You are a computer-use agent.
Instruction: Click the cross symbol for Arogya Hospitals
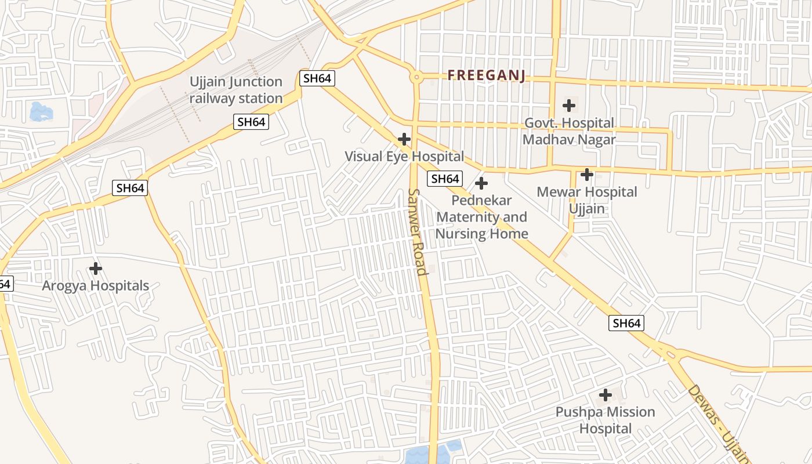pos(96,269)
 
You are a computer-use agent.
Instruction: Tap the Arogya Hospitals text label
pos(96,286)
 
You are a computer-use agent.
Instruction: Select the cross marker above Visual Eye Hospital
pos(404,139)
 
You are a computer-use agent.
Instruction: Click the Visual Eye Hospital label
pos(404,157)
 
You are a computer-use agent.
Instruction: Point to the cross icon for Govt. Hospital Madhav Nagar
pos(569,106)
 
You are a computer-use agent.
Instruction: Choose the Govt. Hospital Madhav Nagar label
pos(569,132)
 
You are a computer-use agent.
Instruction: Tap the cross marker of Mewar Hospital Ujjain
pos(587,174)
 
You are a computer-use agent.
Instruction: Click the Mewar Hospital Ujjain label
pos(587,200)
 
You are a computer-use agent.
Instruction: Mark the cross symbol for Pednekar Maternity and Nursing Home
pos(481,183)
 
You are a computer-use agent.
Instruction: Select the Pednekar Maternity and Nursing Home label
pos(481,217)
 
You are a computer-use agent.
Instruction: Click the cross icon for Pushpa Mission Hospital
pos(606,395)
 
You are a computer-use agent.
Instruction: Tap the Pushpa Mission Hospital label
pos(606,420)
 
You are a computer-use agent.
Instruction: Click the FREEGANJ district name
pos(487,75)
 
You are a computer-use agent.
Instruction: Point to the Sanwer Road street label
pos(418,232)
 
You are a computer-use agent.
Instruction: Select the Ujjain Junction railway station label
pos(236,90)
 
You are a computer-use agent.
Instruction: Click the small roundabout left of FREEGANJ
pos(416,77)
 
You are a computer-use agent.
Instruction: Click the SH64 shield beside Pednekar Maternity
pos(445,179)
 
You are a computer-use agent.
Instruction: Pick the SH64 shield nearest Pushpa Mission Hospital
pos(626,323)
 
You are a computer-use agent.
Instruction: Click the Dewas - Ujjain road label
pos(718,423)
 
